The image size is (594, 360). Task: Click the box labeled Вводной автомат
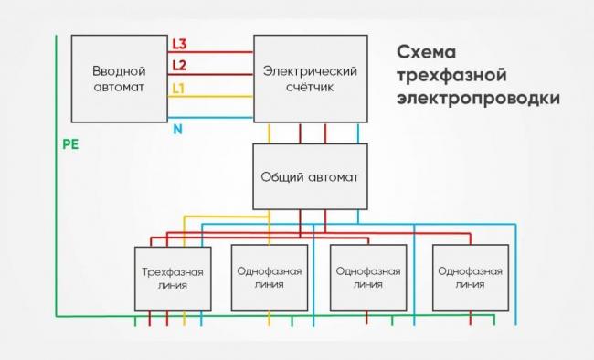tap(119, 79)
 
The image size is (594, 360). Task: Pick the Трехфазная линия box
tap(172, 279)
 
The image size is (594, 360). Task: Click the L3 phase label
tap(180, 44)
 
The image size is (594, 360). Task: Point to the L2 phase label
tap(180, 65)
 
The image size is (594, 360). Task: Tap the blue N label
tap(178, 129)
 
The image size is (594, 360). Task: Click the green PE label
tap(69, 144)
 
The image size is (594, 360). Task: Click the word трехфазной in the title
tap(451, 73)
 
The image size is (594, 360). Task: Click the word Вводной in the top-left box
tap(119, 70)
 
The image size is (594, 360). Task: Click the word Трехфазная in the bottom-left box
tap(172, 271)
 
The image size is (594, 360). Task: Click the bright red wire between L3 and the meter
tap(219, 52)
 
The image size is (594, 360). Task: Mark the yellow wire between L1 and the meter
tap(219, 96)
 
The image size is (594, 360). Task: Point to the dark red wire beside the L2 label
tap(219, 74)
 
